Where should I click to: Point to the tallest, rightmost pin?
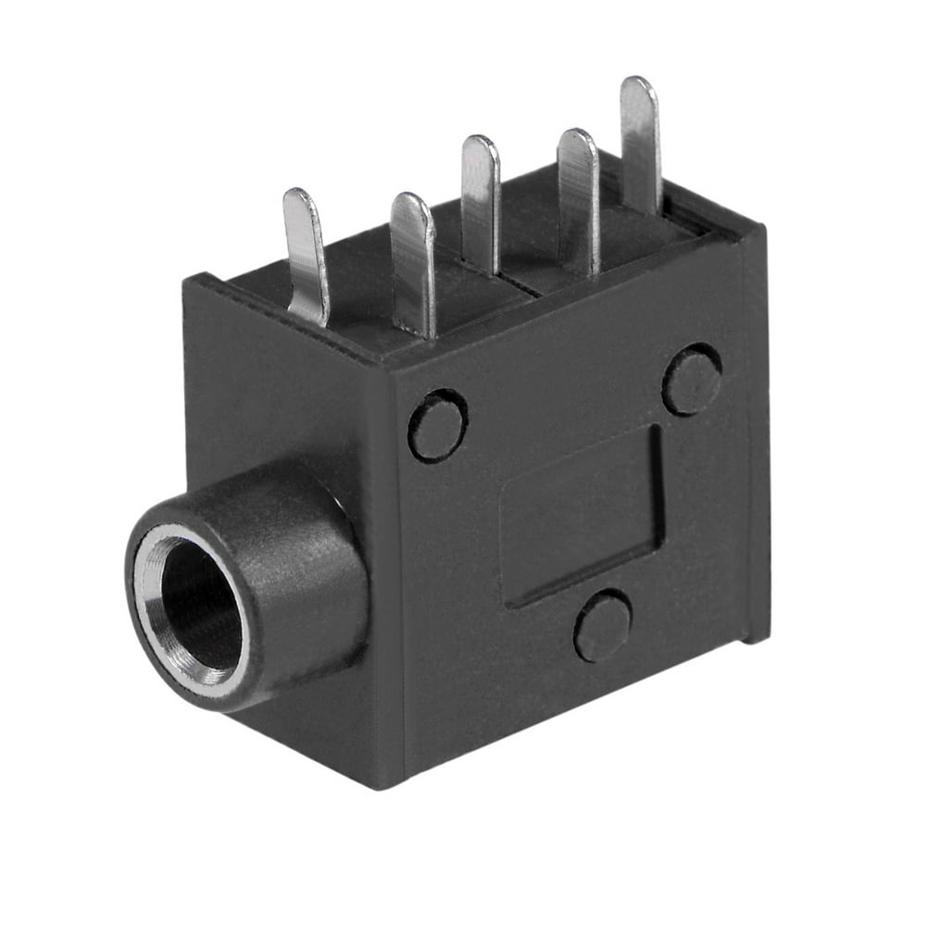coord(641,144)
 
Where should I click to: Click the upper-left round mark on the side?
coord(438,425)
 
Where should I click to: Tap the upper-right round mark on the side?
coord(693,379)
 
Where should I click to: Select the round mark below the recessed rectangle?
coord(603,625)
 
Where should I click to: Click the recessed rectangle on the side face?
coord(582,514)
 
